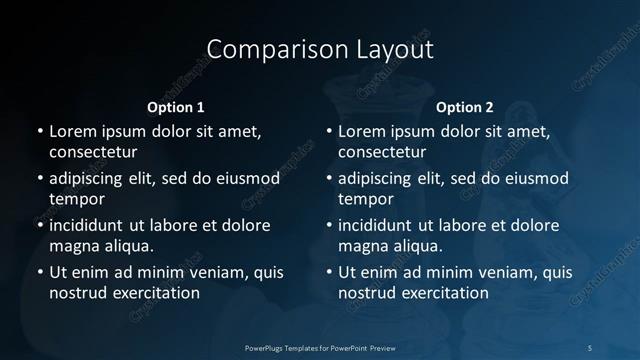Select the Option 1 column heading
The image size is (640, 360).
click(x=176, y=107)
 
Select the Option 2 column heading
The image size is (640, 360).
click(x=465, y=107)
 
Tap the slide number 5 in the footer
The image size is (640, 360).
click(x=590, y=347)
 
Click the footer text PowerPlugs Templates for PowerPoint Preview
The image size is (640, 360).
click(x=320, y=347)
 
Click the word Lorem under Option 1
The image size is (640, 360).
click(x=73, y=131)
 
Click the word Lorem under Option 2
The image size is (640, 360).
click(x=362, y=131)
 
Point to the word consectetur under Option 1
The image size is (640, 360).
click(x=93, y=152)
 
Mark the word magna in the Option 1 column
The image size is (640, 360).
click(x=73, y=246)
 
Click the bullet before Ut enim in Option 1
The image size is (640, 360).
click(x=39, y=272)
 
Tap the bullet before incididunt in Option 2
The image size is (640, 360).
click(x=328, y=225)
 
